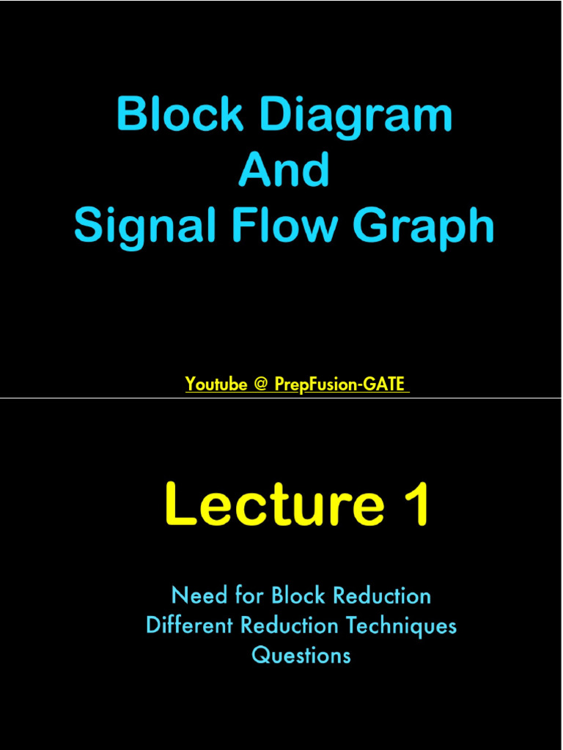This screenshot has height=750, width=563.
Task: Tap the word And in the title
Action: pos(284,170)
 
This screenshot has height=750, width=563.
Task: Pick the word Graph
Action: pos(423,228)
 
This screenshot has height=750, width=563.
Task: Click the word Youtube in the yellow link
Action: pos(216,384)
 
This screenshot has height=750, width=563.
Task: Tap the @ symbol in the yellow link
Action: pos(260,385)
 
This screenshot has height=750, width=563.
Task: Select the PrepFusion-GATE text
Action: pos(340,384)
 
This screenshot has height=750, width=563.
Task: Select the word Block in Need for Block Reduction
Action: pos(298,595)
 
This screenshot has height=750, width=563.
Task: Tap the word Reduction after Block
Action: pos(382,595)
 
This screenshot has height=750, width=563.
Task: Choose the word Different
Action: pos(190,625)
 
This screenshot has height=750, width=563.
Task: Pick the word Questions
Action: pos(301,655)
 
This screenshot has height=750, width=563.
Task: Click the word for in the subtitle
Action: pos(249,595)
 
